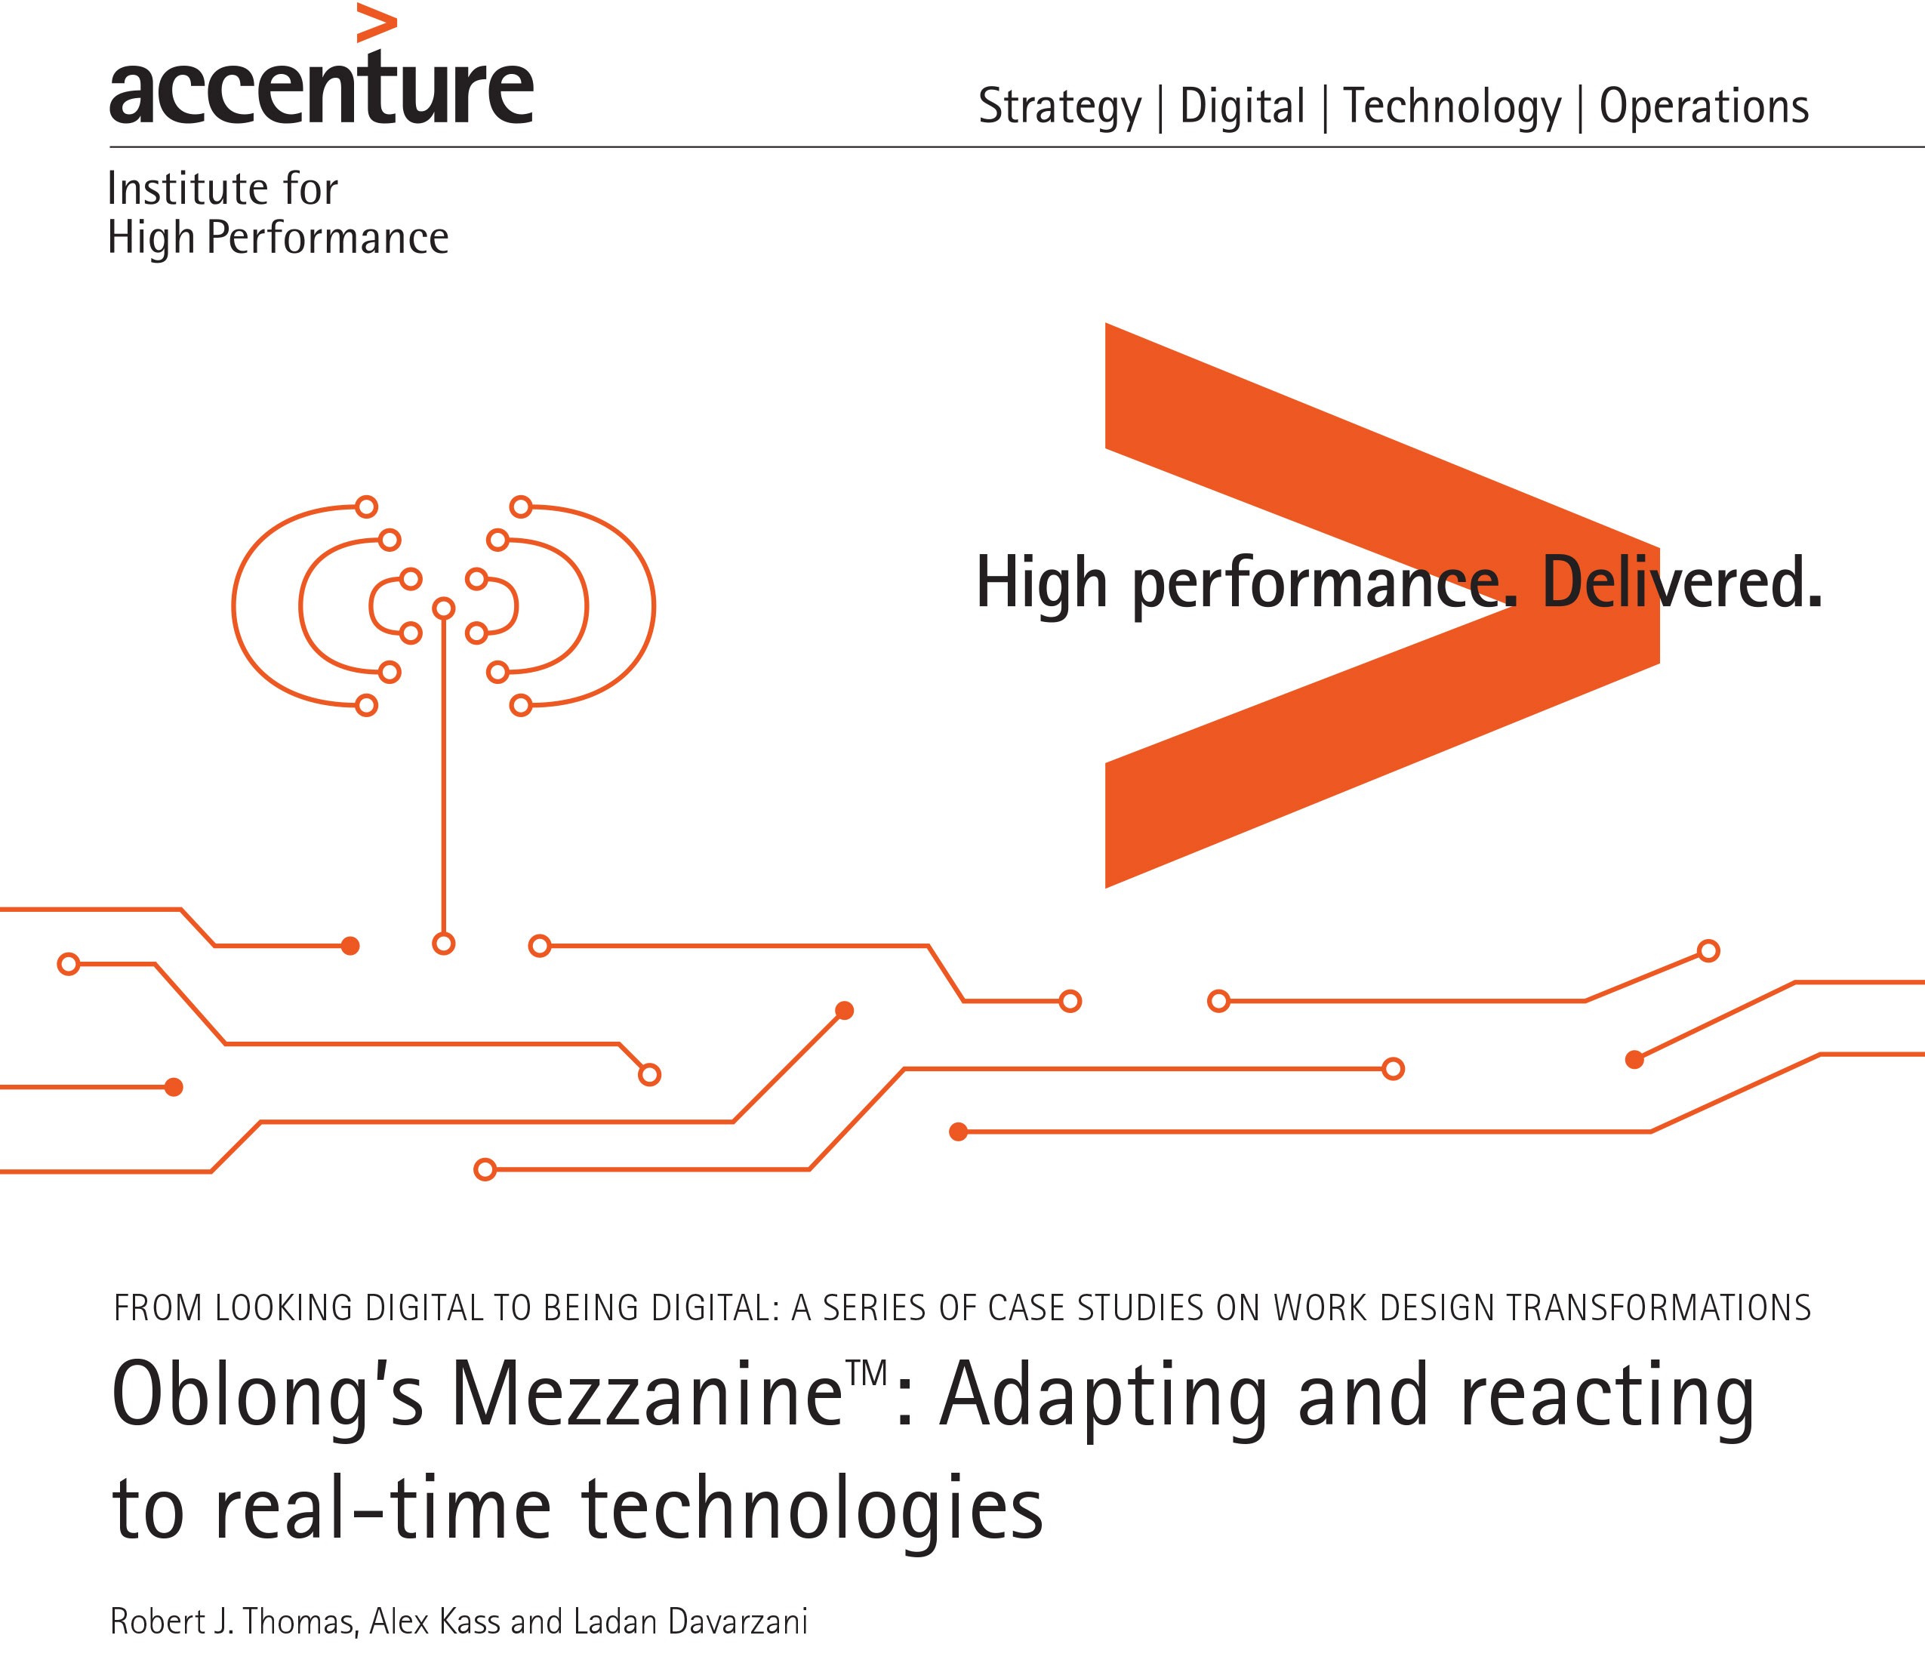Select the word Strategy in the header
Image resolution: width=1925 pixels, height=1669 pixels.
pos(1059,108)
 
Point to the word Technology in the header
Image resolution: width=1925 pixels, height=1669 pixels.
pos(1452,108)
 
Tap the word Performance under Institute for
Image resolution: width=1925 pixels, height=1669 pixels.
pos(327,239)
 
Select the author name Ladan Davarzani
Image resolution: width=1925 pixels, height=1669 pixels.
pos(690,1621)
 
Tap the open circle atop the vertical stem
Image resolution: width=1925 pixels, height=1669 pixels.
pos(444,608)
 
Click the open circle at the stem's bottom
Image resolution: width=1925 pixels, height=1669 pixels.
pos(444,944)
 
